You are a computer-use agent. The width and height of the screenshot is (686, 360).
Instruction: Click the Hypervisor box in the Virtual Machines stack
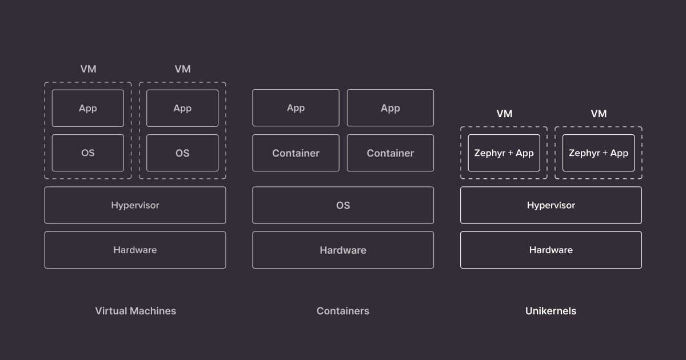click(135, 205)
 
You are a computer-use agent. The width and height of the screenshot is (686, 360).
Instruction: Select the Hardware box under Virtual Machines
click(135, 250)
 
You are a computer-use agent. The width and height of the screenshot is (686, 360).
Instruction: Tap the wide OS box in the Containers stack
click(343, 205)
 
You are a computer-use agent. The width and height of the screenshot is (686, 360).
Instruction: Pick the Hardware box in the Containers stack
click(343, 250)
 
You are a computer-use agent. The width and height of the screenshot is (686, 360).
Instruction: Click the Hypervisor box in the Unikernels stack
click(551, 205)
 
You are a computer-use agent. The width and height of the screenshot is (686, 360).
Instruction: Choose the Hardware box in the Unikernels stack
click(551, 250)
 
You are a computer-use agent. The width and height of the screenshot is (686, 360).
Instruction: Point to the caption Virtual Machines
click(135, 311)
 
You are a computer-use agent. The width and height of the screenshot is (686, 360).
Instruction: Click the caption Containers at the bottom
click(343, 311)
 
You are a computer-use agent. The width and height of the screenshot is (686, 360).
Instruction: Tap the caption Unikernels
click(551, 311)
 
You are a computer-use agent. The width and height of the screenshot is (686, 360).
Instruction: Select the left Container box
click(296, 153)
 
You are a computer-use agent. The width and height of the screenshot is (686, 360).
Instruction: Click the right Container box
click(390, 153)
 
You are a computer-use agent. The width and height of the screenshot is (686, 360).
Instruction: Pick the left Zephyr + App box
click(504, 153)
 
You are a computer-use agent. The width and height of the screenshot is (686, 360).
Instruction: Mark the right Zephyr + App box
click(599, 153)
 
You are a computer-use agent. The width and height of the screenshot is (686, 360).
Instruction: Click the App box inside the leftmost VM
click(87, 108)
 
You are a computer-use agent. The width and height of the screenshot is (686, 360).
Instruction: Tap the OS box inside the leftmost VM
click(87, 153)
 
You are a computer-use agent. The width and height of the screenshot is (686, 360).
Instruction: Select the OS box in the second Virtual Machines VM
click(182, 153)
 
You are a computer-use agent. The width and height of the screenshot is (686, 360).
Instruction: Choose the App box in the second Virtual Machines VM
click(182, 108)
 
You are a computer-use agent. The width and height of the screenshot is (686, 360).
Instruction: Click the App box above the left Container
click(296, 108)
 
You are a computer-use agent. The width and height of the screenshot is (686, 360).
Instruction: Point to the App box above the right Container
click(390, 108)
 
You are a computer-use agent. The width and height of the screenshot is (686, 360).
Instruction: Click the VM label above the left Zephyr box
click(504, 114)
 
